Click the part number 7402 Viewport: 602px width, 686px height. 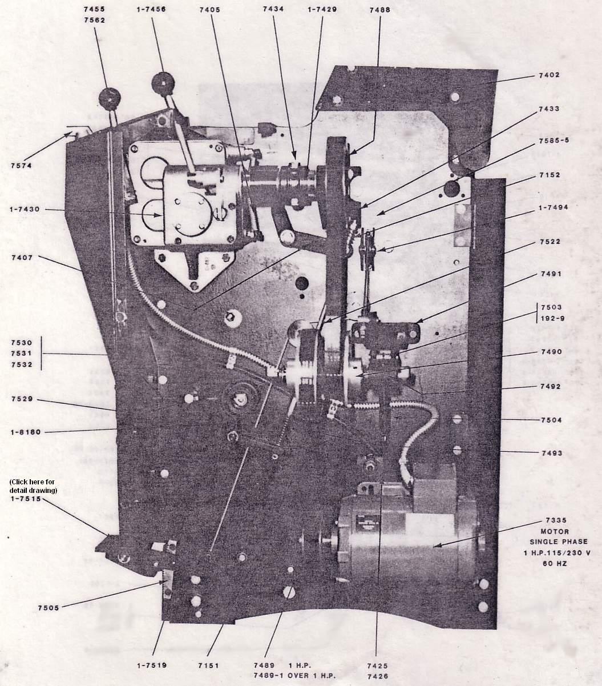click(549, 75)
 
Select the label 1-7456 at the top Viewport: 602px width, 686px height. click(151, 10)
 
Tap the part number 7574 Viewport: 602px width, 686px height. click(21, 166)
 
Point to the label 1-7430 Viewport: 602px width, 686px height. click(25, 209)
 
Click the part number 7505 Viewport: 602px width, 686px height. click(49, 608)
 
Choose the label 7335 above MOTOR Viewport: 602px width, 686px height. click(556, 520)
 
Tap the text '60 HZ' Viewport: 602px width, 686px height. click(555, 564)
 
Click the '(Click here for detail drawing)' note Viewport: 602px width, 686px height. click(33, 486)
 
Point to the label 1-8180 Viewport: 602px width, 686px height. click(26, 432)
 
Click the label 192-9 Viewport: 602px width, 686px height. click(552, 318)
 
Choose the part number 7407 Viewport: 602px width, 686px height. click(22, 258)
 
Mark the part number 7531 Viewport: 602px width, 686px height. click(21, 353)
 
